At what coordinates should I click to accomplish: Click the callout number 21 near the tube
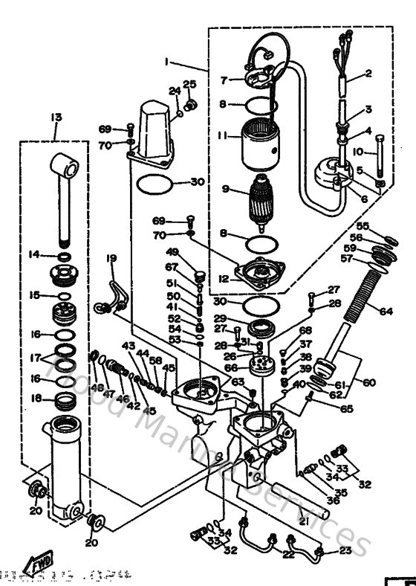coord(303,522)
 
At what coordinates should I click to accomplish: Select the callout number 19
coord(111,258)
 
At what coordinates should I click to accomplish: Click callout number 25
coord(189,84)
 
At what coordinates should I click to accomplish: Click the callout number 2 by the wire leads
coord(367,74)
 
